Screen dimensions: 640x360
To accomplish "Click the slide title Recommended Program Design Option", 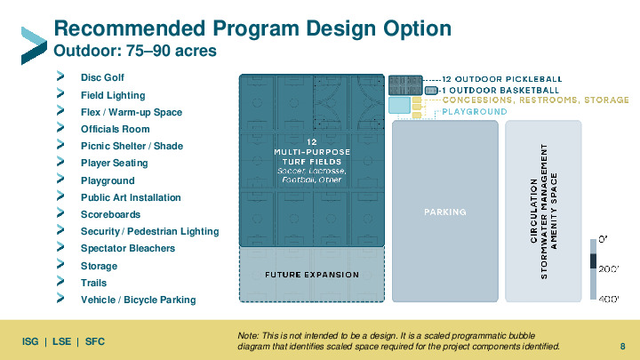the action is (x=252, y=28).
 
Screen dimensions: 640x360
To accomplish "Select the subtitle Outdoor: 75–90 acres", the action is (x=135, y=51).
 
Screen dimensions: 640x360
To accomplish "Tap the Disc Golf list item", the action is (x=102, y=77).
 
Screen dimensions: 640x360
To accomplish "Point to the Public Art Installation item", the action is (x=131, y=197).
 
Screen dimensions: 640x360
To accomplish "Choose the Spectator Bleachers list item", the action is (x=128, y=248).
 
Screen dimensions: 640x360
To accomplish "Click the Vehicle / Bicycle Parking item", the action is (x=139, y=300).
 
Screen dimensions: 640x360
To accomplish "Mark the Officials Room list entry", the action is (x=115, y=130).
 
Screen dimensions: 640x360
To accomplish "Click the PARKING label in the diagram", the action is (x=445, y=212).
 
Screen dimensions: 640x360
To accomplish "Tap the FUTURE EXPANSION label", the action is (x=312, y=275).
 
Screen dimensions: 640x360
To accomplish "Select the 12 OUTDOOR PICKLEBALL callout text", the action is (x=502, y=79).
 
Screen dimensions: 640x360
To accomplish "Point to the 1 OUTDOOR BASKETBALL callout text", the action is (x=500, y=90).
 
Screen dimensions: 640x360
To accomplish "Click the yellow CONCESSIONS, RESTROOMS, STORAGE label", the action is (x=535, y=100).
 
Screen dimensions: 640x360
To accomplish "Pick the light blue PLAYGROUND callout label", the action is (x=475, y=111).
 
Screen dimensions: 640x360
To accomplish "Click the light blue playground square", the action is (x=399, y=105).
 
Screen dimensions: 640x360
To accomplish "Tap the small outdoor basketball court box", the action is (x=431, y=90).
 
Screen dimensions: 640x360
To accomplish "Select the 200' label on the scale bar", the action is (x=609, y=269).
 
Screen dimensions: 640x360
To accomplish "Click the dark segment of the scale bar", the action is (x=594, y=261).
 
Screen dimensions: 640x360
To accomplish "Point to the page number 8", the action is (x=622, y=347).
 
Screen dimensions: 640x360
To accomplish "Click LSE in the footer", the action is (x=61, y=341).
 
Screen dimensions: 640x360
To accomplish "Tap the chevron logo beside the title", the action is (x=34, y=45).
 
